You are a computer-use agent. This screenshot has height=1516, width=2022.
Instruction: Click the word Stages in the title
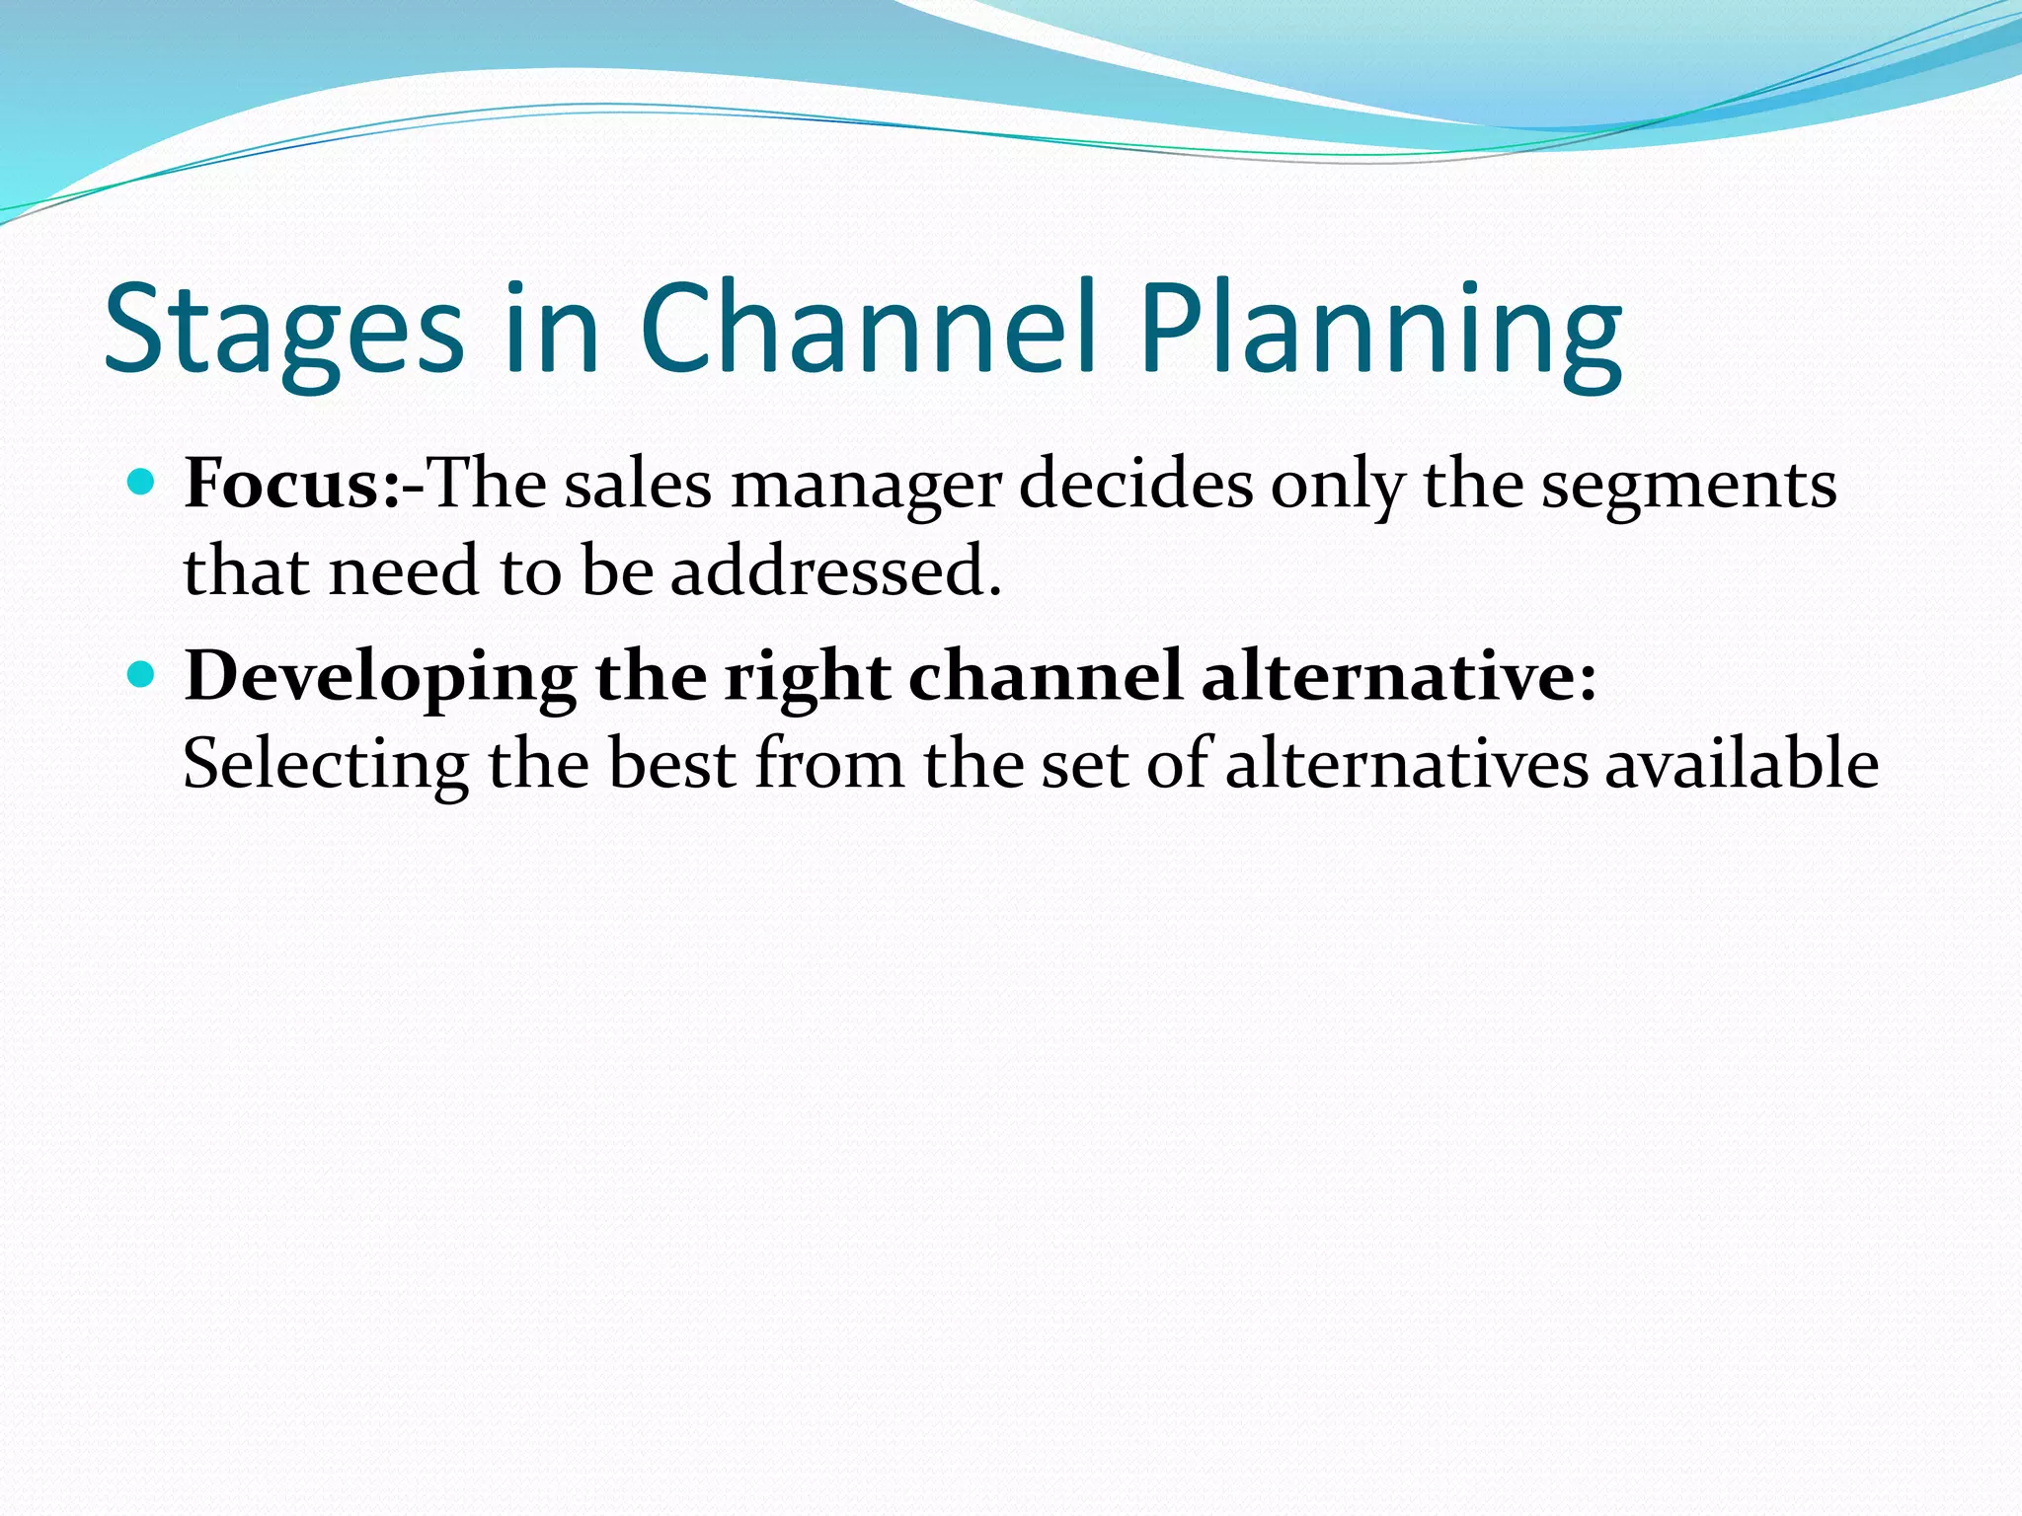coord(283,331)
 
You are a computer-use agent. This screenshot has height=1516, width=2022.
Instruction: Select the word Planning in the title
coord(1380,331)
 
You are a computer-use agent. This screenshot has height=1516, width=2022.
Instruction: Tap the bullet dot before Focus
coord(143,483)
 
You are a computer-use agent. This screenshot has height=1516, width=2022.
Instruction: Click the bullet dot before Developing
coord(143,675)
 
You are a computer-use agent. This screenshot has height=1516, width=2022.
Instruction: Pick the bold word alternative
coord(1398,676)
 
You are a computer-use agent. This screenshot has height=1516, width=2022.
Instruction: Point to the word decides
coord(1135,485)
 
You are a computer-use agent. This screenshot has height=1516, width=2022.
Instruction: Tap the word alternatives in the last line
coord(1407,764)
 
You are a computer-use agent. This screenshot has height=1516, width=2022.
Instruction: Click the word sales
coord(638,485)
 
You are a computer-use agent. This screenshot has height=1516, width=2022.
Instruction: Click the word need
coord(404,570)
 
